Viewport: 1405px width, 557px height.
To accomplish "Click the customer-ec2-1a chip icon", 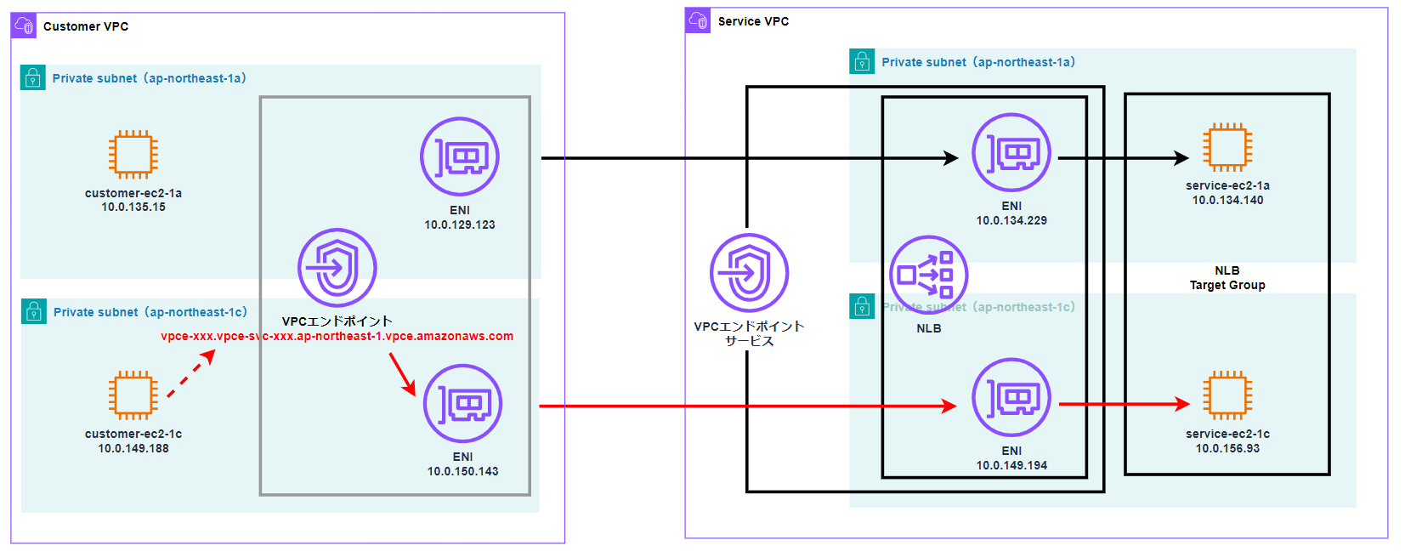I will click(133, 154).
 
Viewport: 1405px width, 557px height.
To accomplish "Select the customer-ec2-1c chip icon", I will click(133, 395).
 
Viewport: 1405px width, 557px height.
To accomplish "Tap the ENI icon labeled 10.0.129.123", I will click(459, 156).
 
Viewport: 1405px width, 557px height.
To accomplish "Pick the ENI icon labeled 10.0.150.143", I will click(462, 403).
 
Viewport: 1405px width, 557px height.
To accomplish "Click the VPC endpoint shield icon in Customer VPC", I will click(337, 267).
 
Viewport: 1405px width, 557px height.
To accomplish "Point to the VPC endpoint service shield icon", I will click(749, 273).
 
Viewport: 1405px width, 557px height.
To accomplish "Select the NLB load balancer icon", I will click(928, 275).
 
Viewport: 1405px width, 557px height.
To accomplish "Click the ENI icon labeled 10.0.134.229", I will click(1011, 153).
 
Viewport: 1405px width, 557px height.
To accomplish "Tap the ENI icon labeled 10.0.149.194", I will click(1011, 397).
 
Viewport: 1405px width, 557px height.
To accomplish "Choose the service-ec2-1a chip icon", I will click(1227, 147).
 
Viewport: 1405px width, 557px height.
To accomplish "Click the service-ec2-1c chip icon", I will click(1227, 395).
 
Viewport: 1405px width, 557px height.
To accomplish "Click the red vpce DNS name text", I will click(337, 336).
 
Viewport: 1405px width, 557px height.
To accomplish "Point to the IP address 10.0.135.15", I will click(133, 207).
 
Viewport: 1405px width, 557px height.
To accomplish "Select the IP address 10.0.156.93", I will click(1227, 448).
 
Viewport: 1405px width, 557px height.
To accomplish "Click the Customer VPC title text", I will click(86, 26).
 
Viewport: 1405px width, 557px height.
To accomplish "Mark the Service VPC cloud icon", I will click(698, 20).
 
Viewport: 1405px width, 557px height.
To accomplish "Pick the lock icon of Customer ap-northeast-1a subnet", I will click(33, 78).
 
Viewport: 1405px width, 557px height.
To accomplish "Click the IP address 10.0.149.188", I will click(133, 448).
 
